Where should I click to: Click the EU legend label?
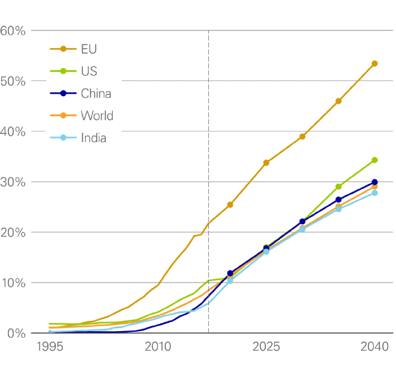coord(88,49)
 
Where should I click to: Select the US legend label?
coord(88,71)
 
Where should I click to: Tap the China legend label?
coord(95,94)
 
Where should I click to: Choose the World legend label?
coord(97,116)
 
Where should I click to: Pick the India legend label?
coord(94,138)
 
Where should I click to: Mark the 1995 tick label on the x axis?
coord(50,347)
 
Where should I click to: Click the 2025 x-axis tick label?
coord(266,347)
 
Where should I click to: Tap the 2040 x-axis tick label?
coord(374,347)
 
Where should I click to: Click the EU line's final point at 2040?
coord(374,63)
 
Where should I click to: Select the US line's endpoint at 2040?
coord(374,160)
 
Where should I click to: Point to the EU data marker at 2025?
coord(266,163)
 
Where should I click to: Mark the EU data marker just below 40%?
coord(302,137)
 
